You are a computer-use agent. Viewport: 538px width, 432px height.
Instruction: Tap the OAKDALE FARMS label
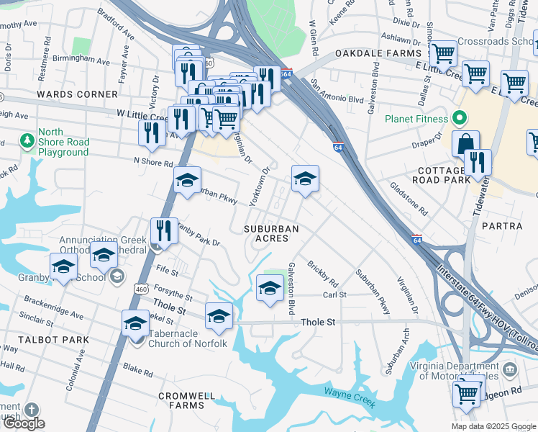[x=378, y=54]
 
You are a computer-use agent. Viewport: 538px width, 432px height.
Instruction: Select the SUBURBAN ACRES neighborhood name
[x=270, y=233]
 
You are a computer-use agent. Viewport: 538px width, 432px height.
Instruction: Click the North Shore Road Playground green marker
[x=27, y=139]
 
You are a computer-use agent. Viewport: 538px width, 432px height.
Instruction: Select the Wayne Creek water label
[x=350, y=396]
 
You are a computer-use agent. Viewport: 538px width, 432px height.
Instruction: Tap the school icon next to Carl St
[x=270, y=288]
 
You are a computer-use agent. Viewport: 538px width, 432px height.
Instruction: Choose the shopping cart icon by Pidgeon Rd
[x=467, y=393]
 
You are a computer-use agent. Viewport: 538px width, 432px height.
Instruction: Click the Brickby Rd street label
[x=322, y=271]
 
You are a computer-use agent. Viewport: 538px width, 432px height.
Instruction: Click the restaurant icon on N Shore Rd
[x=152, y=132]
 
